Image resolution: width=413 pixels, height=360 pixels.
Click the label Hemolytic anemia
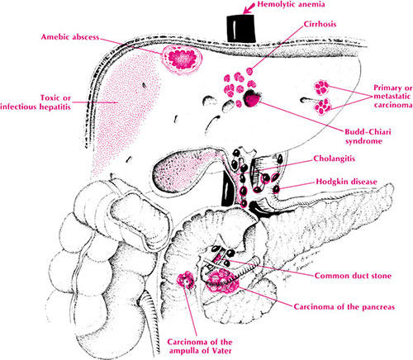(x=291, y=4)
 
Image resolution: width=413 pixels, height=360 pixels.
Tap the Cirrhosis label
(x=320, y=24)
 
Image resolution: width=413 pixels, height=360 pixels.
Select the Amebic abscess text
(x=70, y=37)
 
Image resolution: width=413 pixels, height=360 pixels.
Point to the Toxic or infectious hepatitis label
(x=36, y=102)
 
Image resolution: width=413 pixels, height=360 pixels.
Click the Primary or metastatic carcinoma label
(x=393, y=97)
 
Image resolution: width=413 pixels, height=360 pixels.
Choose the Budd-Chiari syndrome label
(x=368, y=136)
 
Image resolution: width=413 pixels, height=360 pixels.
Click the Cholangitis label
(x=335, y=159)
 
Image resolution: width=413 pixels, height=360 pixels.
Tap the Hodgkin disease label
(x=346, y=182)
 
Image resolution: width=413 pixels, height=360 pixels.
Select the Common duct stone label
(x=353, y=276)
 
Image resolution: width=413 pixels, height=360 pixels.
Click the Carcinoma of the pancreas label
(x=344, y=306)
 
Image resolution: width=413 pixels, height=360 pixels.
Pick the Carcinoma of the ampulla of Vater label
(x=200, y=346)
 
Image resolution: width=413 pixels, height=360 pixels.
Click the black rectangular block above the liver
(x=241, y=28)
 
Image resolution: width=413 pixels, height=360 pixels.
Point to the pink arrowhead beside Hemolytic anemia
(x=247, y=9)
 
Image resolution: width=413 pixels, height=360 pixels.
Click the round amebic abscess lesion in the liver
(x=183, y=59)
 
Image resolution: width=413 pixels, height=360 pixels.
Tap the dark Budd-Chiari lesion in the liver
(x=252, y=99)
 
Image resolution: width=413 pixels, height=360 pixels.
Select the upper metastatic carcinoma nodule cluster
(x=321, y=88)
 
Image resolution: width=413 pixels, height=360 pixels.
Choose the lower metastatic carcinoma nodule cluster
(x=323, y=107)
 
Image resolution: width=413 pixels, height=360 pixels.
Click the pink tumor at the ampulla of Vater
(x=186, y=280)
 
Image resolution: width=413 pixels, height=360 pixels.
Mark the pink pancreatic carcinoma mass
(x=222, y=282)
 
